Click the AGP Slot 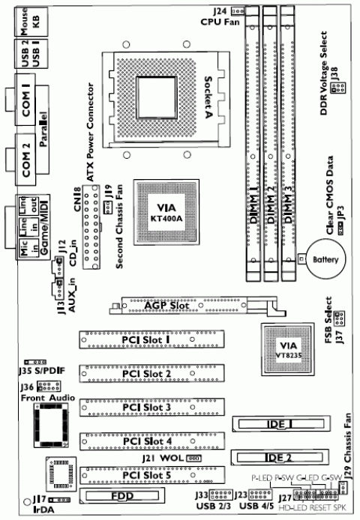click(187, 306)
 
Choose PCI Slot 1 click(148, 341)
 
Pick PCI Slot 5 click(148, 474)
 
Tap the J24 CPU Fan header click(238, 10)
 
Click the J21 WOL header click(193, 457)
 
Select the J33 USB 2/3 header click(222, 495)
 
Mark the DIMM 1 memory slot click(251, 142)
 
